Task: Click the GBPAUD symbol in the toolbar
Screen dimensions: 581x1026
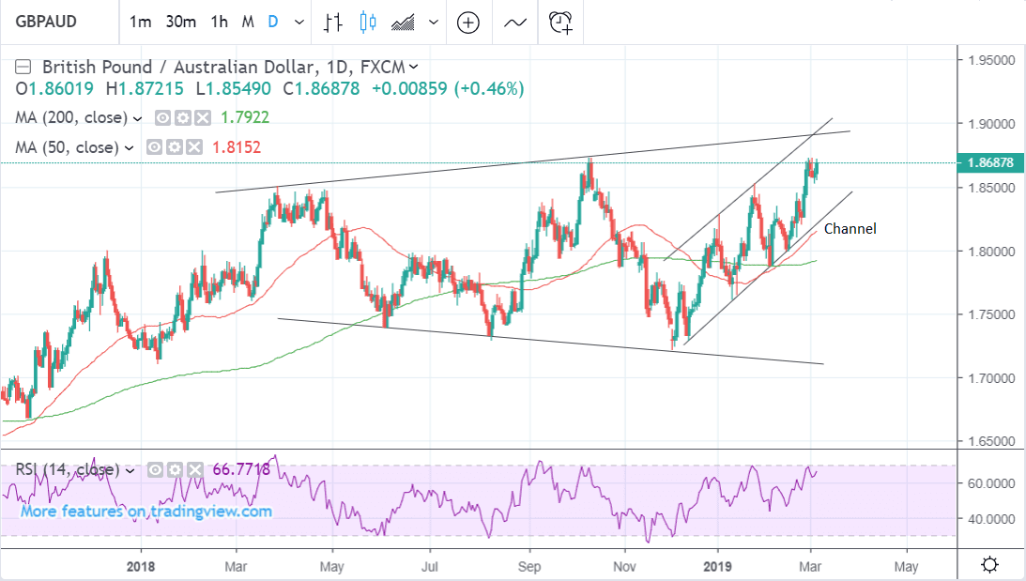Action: click(45, 22)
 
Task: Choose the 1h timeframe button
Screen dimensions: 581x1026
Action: click(220, 22)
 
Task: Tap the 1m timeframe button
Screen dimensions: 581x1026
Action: click(141, 22)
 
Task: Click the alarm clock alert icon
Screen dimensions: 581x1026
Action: click(561, 22)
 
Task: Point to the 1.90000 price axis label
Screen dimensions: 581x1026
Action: click(992, 124)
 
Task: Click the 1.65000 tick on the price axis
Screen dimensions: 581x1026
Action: click(992, 441)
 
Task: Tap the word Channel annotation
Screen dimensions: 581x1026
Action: click(850, 228)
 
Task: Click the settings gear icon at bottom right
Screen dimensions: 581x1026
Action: click(988, 565)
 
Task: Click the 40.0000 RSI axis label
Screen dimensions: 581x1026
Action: click(991, 518)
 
